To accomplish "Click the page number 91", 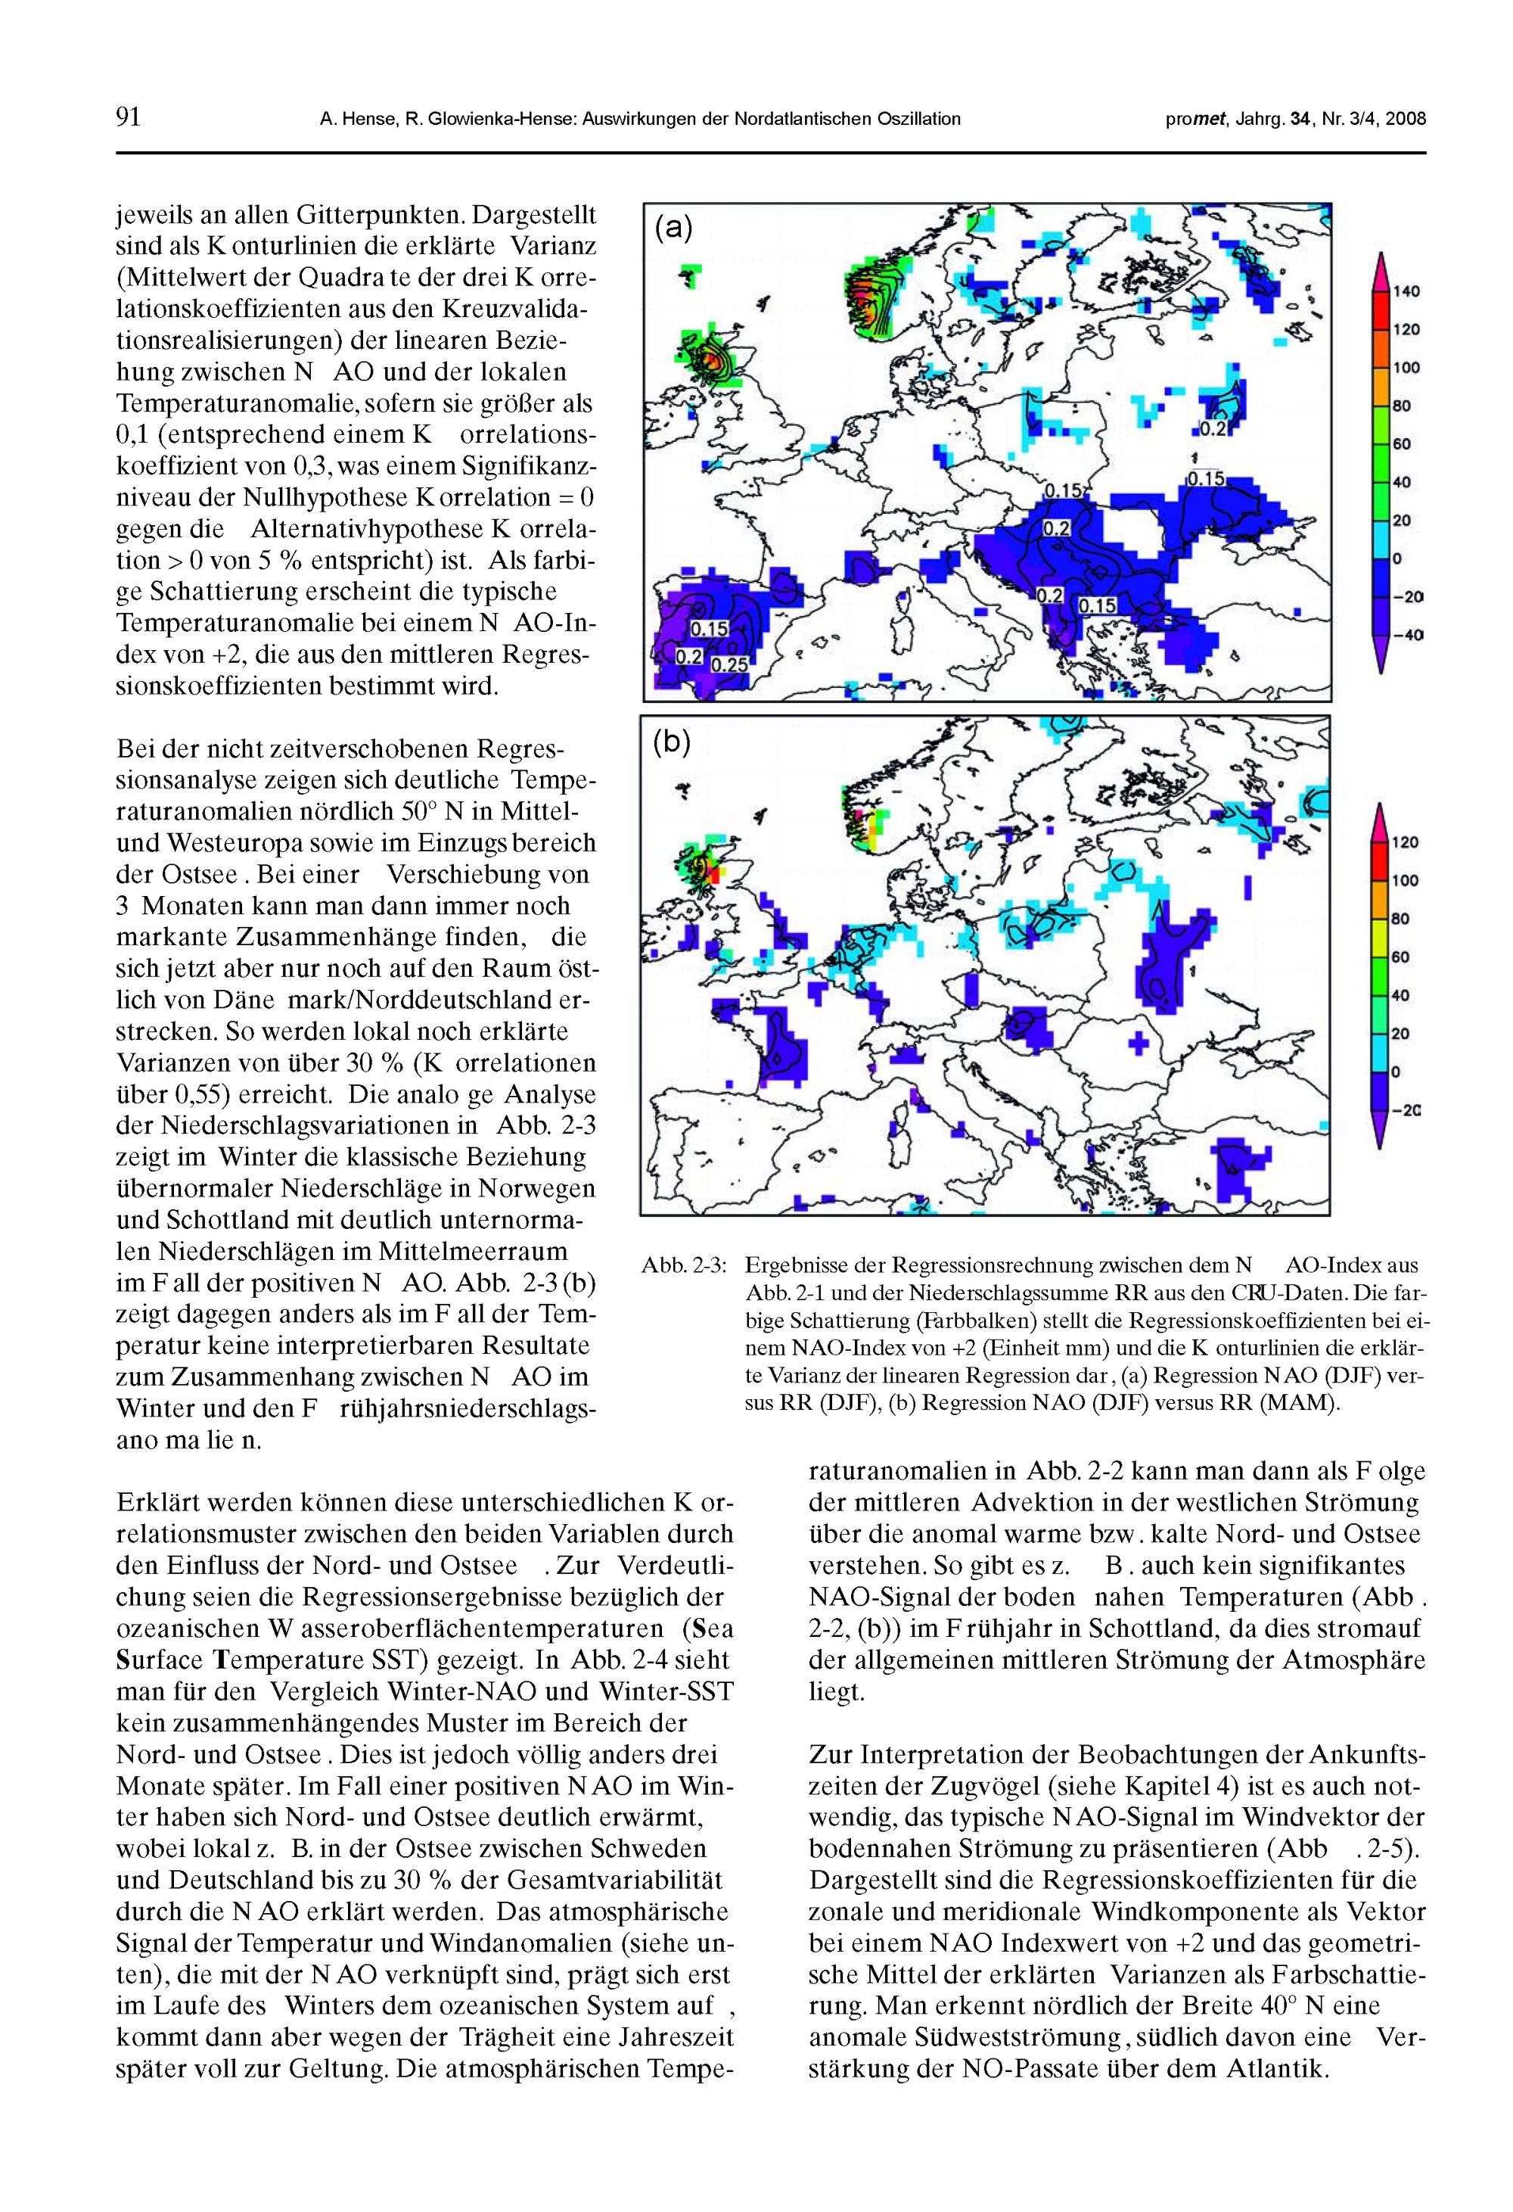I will (129, 118).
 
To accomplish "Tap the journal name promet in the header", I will (1195, 119).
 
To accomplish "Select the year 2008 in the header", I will (1406, 119).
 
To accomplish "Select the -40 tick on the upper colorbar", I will (1409, 635).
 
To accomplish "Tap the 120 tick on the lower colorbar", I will (1406, 842).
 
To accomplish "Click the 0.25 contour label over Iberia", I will (730, 665).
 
